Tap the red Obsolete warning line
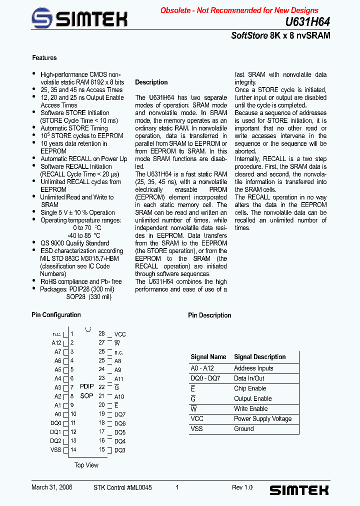click(239, 10)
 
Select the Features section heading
click(44, 58)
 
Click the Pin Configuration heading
click(56, 315)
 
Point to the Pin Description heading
click(209, 315)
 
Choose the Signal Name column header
click(208, 357)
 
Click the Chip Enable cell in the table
click(250, 388)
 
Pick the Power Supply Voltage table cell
click(262, 419)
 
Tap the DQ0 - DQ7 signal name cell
click(205, 378)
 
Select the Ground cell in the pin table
click(244, 429)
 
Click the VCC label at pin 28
click(120, 334)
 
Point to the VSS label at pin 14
click(55, 450)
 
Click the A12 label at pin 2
click(56, 343)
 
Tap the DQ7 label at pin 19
click(120, 414)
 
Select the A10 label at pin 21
click(119, 397)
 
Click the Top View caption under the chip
click(86, 465)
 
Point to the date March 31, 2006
click(52, 487)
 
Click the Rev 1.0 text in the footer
click(242, 487)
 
